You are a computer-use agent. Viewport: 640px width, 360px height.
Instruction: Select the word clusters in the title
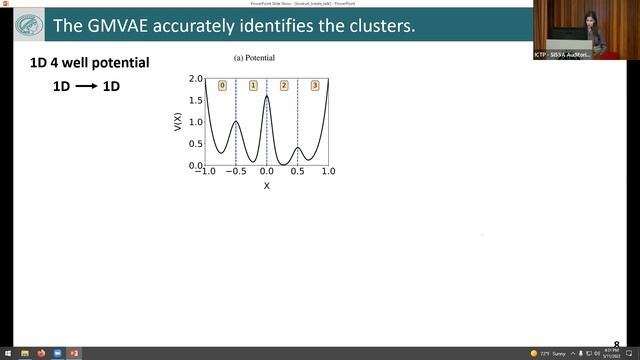coord(375,25)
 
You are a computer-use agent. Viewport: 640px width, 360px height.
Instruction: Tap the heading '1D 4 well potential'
coord(90,63)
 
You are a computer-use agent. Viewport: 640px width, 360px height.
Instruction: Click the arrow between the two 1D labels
coord(87,87)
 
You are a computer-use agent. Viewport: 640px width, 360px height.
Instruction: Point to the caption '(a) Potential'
coord(254,59)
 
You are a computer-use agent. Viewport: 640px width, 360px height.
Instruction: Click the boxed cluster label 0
coord(222,85)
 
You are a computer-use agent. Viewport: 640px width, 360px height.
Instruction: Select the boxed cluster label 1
coord(253,85)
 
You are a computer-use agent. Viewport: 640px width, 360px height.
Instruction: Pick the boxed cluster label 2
coord(284,85)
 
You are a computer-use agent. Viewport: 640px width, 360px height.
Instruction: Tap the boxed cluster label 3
coord(315,85)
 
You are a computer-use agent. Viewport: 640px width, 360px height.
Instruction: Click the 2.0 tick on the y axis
coord(196,78)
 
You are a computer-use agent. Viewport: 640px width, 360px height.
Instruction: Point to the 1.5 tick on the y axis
coord(196,100)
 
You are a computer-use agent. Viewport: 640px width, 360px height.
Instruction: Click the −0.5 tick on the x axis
coord(235,173)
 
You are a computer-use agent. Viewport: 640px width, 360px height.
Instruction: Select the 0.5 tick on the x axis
coord(297,173)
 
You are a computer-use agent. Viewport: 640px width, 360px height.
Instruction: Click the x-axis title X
coord(266,185)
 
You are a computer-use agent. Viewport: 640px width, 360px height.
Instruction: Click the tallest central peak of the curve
coord(267,97)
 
